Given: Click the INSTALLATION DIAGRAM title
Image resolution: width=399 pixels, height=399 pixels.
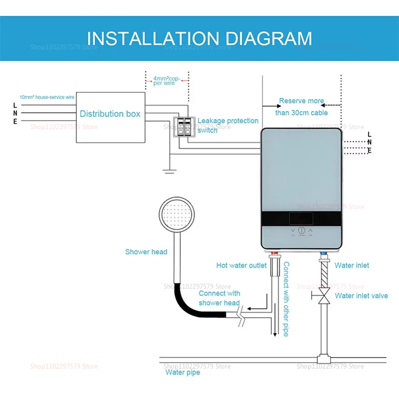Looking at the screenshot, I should (x=199, y=38).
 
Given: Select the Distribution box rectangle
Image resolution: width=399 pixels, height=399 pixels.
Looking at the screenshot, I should (x=110, y=114).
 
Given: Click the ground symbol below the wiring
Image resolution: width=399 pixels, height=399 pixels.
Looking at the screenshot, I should (x=170, y=171).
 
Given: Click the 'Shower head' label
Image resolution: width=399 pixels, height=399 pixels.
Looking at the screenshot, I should (x=146, y=252).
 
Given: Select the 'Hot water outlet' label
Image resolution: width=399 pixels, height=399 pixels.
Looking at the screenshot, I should (x=241, y=265).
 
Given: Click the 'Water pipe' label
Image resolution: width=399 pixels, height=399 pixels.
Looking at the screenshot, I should (x=183, y=372).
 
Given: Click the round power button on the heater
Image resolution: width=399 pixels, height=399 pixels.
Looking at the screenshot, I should (x=301, y=231).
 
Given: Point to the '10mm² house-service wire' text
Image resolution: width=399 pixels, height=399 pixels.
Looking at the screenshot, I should (x=47, y=97).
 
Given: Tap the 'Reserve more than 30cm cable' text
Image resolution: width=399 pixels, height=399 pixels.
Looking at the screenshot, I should (x=301, y=107).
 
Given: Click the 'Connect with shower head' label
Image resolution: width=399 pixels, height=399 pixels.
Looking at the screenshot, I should (x=219, y=298).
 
